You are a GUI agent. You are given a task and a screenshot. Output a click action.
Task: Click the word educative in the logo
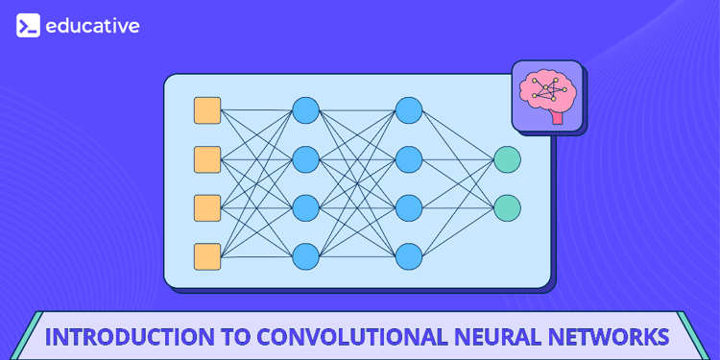tap(92, 26)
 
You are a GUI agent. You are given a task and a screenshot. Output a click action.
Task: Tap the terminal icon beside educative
tap(28, 26)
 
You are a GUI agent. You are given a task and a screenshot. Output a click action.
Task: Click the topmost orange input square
tap(207, 110)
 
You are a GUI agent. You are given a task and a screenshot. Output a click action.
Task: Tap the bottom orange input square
tap(207, 256)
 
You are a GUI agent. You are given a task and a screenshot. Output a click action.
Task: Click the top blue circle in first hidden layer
tap(305, 110)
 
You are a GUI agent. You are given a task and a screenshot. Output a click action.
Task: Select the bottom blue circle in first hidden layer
tap(305, 256)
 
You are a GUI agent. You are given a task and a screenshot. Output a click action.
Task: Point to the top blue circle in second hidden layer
tap(409, 110)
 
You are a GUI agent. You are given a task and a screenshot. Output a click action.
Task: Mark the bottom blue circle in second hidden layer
tap(409, 256)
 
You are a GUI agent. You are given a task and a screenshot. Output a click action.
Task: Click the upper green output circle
tap(507, 159)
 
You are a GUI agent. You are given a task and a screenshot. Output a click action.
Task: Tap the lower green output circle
tap(507, 207)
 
